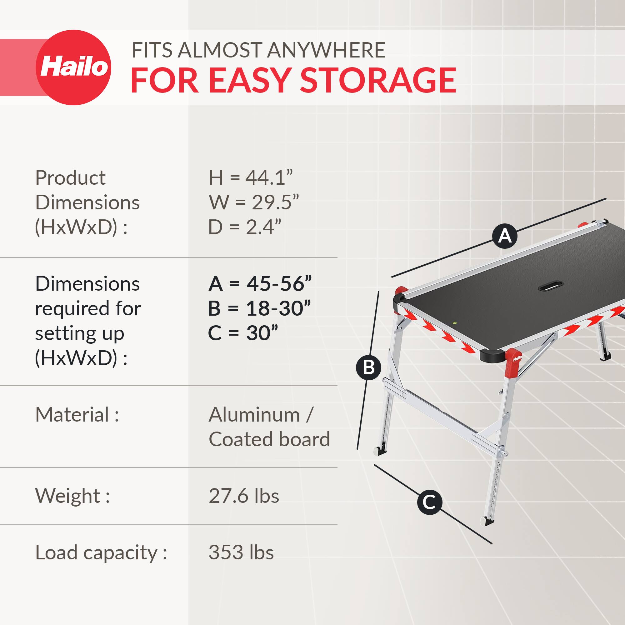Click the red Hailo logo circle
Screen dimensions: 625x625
(73, 67)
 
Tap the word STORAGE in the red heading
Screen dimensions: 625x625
(378, 80)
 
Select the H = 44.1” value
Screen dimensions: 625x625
(251, 177)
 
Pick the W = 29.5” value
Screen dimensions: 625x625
(254, 202)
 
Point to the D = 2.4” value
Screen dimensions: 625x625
(245, 227)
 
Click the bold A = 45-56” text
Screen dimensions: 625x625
(260, 284)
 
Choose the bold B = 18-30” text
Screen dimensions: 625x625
(259, 308)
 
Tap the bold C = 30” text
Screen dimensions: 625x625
(243, 333)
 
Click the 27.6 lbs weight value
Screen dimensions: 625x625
(244, 496)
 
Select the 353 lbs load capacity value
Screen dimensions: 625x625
(241, 552)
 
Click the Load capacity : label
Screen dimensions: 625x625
(101, 552)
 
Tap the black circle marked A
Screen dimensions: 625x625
(505, 236)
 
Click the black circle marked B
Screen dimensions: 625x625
(368, 367)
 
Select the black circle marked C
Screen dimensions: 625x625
(429, 502)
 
